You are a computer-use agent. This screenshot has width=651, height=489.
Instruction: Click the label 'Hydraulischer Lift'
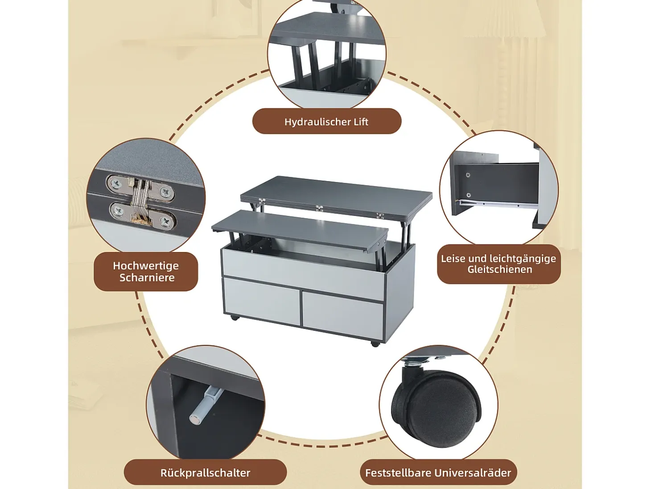[326, 122]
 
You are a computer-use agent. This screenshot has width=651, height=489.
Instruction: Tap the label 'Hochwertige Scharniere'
[146, 272]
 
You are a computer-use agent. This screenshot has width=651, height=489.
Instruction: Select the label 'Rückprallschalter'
[205, 472]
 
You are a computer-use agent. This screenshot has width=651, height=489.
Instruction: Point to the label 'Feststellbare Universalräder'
[438, 472]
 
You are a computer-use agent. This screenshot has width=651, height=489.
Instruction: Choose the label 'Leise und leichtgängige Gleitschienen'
[499, 264]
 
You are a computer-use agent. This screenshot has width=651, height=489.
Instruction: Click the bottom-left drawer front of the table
[261, 300]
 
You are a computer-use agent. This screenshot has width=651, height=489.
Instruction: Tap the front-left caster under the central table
[235, 318]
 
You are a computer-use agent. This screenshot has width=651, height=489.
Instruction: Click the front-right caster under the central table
[375, 344]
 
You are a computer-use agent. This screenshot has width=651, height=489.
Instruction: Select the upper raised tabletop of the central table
[336, 197]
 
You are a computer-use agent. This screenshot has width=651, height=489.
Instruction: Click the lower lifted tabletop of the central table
[300, 230]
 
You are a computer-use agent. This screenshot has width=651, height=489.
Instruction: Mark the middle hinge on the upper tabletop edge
[319, 208]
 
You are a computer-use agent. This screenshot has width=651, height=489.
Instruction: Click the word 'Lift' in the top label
[361, 122]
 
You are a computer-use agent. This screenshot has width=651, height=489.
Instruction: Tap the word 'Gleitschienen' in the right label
[499, 269]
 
